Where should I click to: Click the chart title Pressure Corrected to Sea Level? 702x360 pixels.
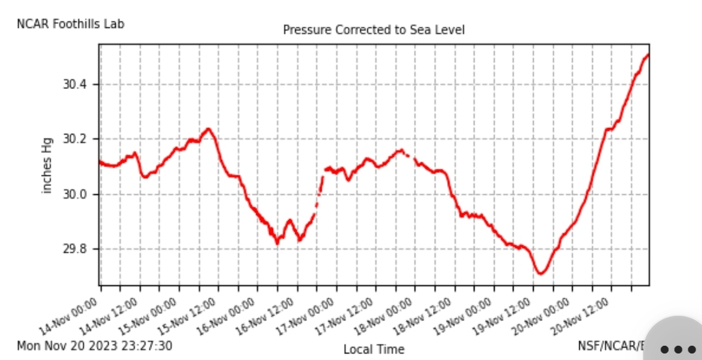[374, 30]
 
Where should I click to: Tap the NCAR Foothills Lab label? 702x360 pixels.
[70, 24]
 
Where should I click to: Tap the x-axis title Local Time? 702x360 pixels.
[374, 350]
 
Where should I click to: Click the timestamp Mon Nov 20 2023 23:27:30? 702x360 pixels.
[94, 346]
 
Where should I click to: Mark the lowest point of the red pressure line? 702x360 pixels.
[540, 274]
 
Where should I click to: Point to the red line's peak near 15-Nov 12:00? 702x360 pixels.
[208, 129]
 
